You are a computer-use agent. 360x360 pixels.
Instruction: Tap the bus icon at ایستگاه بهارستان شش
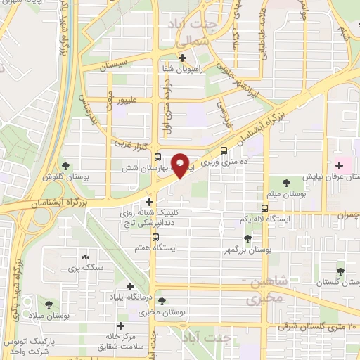[x=157, y=157]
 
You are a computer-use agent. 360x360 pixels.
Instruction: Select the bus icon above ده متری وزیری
[x=224, y=150]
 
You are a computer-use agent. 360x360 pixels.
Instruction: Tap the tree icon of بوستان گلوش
[x=65, y=167]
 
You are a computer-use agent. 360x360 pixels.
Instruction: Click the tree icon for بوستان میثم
[x=285, y=181]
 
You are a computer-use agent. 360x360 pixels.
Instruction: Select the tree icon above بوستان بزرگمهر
[x=247, y=239]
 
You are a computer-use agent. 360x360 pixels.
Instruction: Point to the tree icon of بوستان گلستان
[x=340, y=271]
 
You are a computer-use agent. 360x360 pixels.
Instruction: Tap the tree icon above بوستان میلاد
[x=49, y=304]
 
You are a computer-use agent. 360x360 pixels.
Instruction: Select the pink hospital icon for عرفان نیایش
[x=339, y=165]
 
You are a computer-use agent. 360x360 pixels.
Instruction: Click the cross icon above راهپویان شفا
[x=183, y=58]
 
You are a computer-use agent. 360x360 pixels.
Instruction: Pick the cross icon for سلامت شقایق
[x=121, y=326]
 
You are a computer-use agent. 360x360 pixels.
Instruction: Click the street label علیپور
[x=134, y=101]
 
